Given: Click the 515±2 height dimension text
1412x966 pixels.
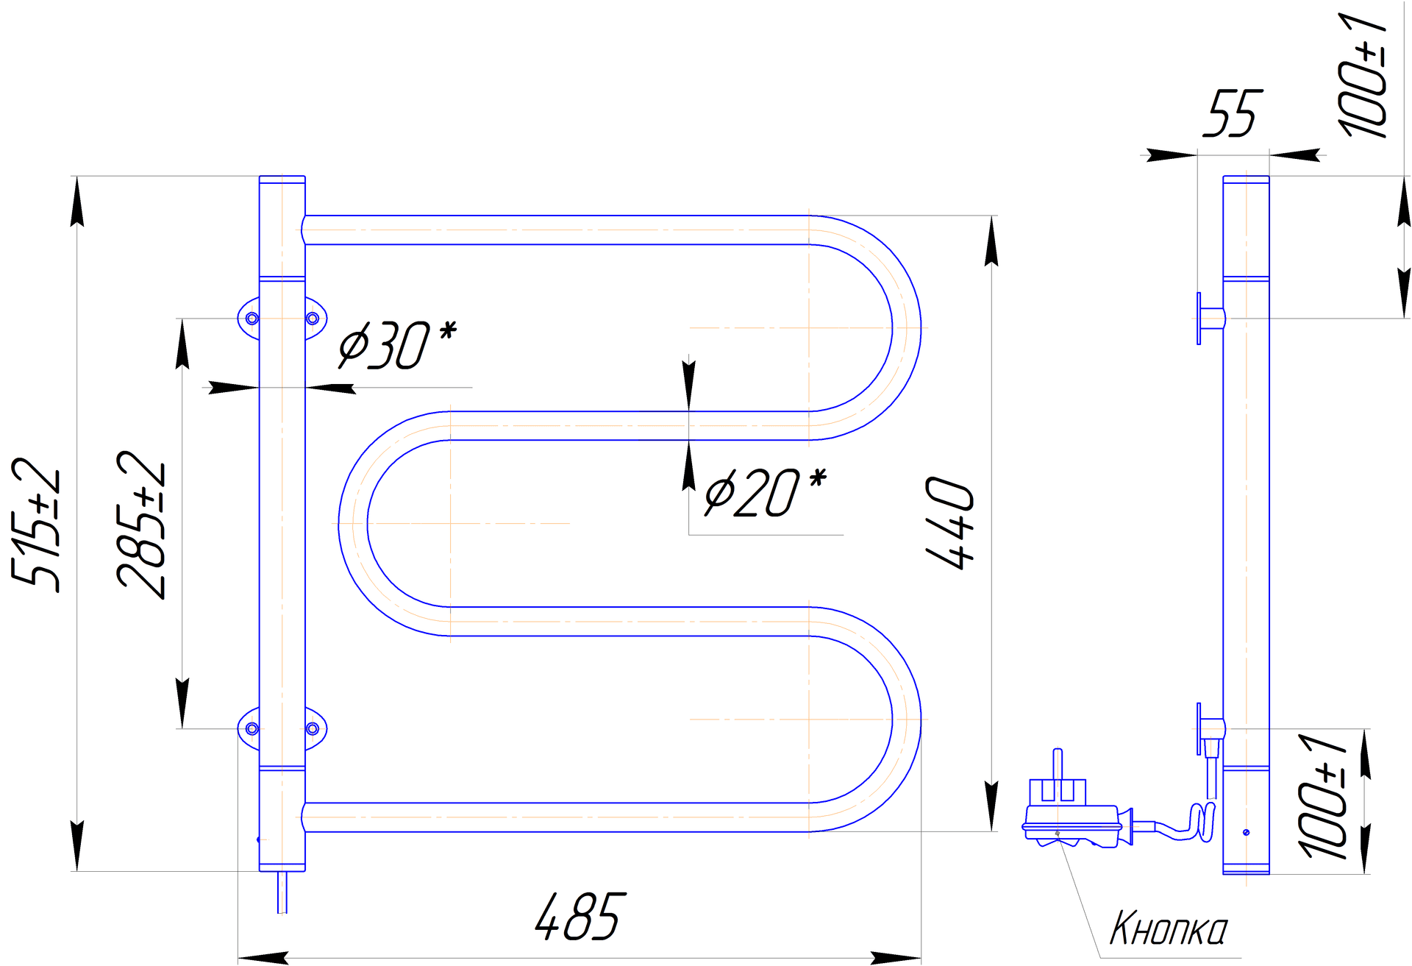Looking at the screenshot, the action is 37,525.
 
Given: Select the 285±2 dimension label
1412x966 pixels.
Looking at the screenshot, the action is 142,525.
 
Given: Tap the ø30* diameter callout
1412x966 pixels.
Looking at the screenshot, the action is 398,344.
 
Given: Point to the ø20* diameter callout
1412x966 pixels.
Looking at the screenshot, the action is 766,491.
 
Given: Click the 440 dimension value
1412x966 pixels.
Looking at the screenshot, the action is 950,523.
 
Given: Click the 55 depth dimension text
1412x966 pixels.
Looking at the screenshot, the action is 1233,113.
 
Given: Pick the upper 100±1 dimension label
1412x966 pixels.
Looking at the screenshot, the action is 1363,75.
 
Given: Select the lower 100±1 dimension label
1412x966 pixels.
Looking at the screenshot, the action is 1323,796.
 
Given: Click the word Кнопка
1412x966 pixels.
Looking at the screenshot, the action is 1169,928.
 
